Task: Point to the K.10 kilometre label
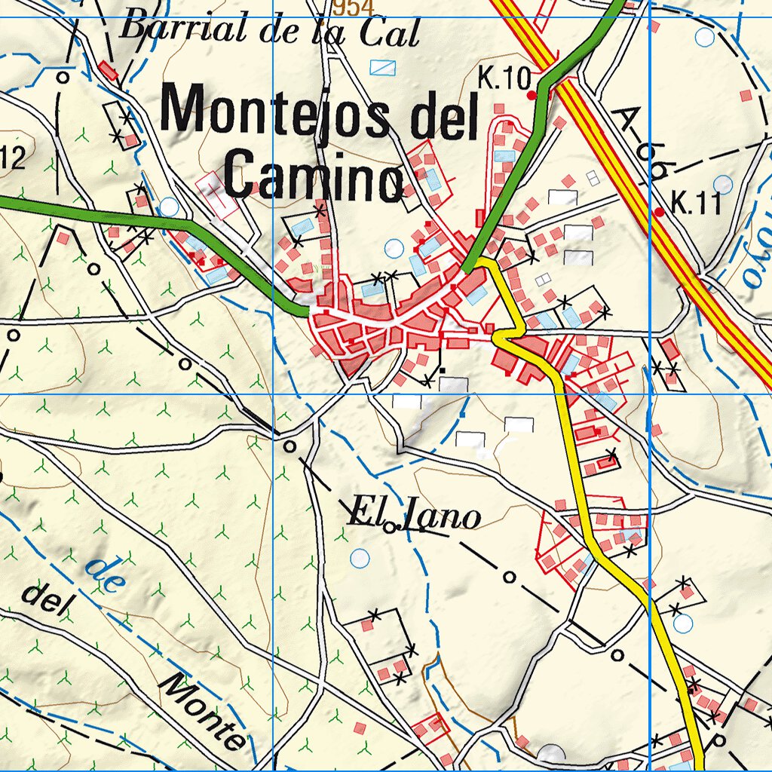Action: point(504,78)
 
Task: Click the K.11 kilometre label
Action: point(697,203)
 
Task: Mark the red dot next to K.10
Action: point(532,96)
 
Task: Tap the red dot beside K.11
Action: point(660,213)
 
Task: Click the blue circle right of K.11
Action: point(723,184)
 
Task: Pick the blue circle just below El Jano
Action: point(360,559)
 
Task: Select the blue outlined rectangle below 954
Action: point(383,67)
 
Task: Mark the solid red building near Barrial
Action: point(108,71)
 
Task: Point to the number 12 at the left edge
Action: point(13,158)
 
